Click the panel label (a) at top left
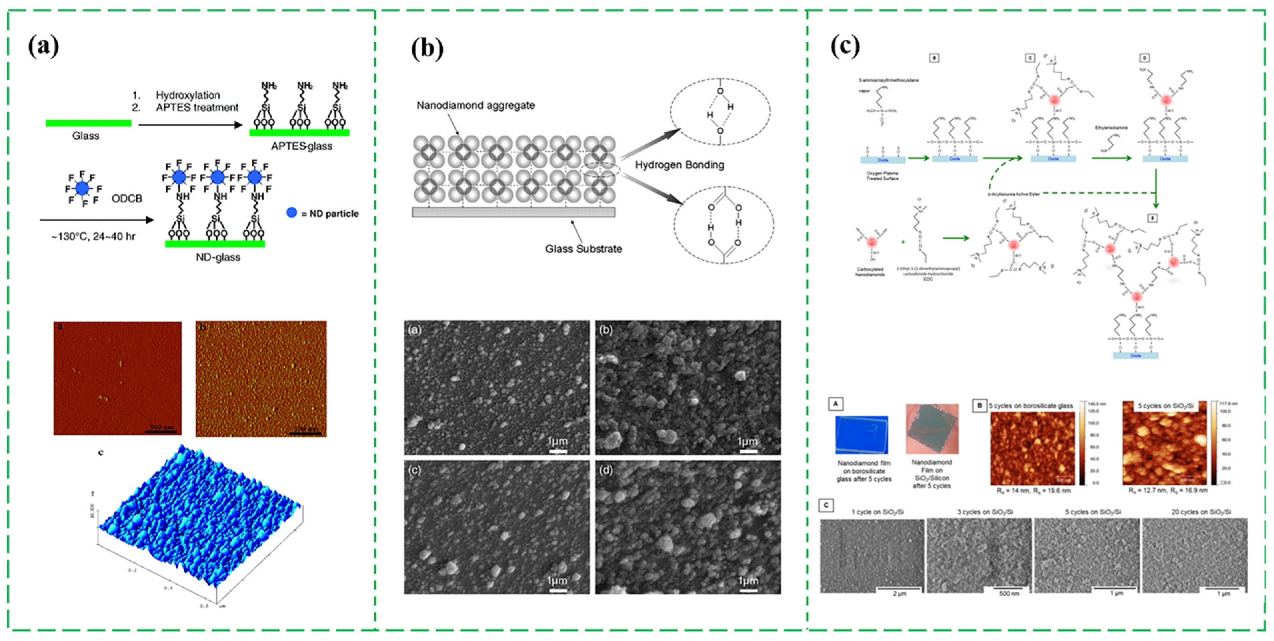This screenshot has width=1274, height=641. click(x=44, y=47)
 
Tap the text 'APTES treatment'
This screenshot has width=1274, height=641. click(x=197, y=107)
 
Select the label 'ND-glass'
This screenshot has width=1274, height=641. click(x=218, y=257)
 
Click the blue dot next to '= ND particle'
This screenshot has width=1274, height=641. click(x=292, y=213)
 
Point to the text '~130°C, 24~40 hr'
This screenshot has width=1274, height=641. click(x=93, y=237)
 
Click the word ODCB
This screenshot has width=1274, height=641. click(x=127, y=198)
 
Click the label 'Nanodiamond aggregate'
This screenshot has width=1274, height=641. click(x=475, y=105)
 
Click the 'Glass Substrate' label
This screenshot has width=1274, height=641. click(x=583, y=249)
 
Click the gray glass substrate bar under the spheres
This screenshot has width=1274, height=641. click(x=513, y=212)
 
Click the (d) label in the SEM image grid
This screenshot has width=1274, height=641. click(x=606, y=470)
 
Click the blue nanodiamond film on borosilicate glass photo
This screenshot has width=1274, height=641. click(x=861, y=434)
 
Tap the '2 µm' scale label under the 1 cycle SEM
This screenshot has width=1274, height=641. click(x=899, y=593)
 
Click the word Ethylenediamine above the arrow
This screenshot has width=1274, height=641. click(x=1111, y=128)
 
